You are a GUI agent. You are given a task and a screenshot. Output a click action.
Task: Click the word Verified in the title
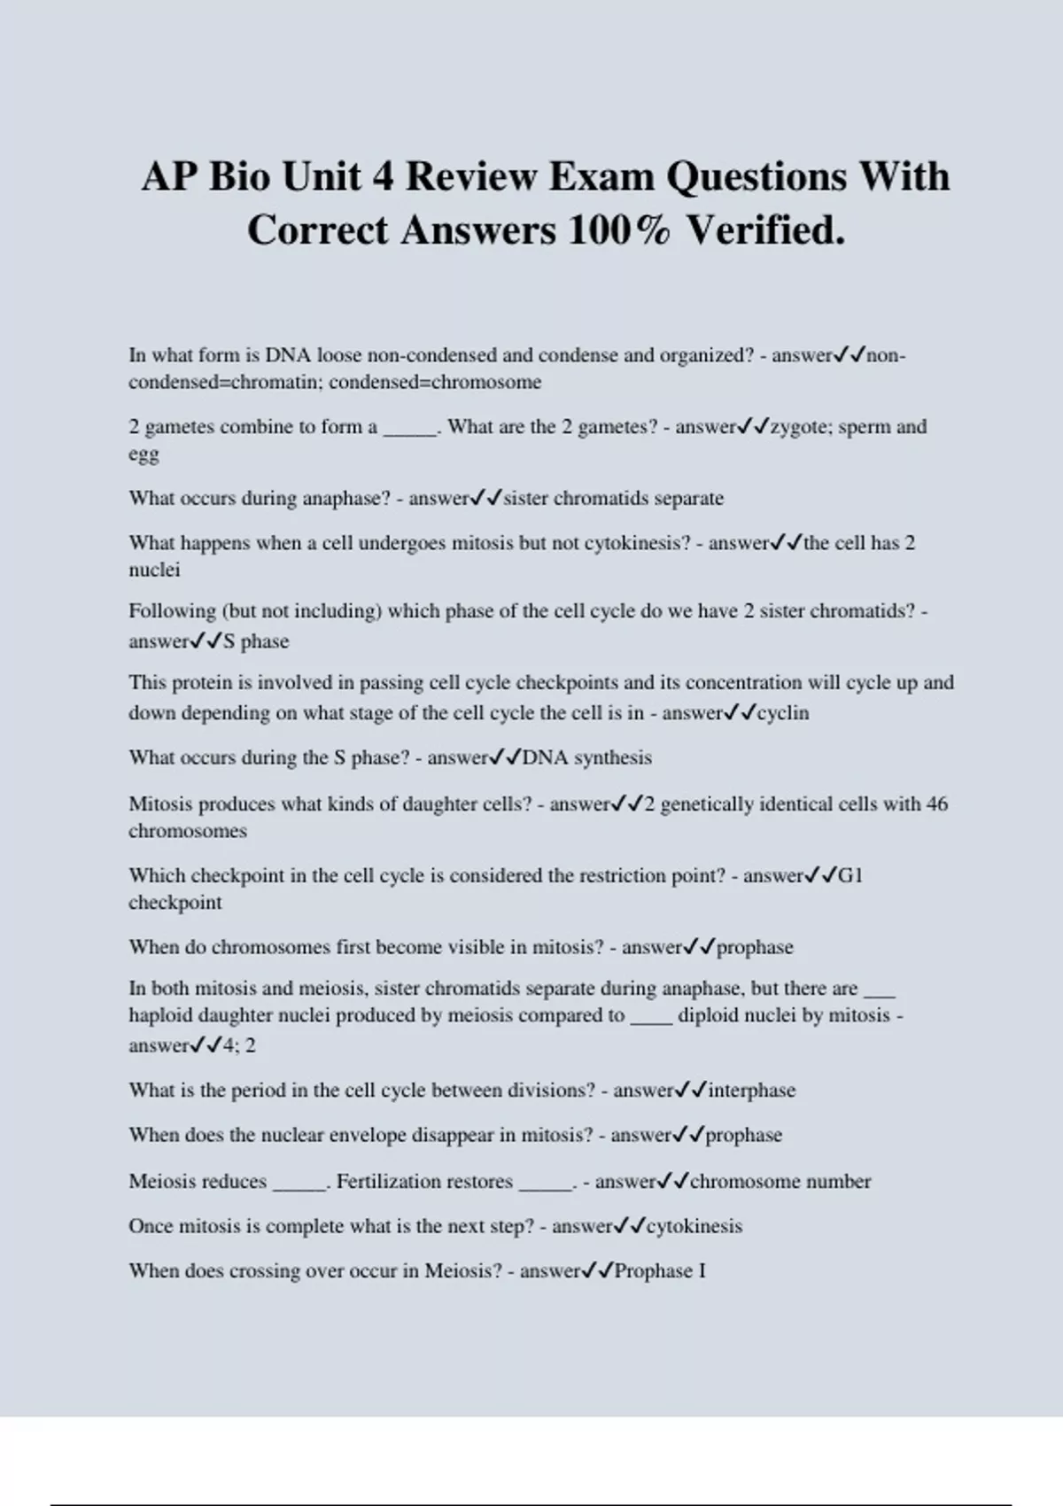[764, 230]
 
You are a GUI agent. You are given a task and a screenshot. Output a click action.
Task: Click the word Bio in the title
[240, 176]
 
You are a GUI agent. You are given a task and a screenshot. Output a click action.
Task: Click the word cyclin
[783, 713]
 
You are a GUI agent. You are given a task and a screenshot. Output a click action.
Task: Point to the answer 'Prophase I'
[660, 1271]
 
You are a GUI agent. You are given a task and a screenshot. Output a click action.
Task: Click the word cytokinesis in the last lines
[694, 1227]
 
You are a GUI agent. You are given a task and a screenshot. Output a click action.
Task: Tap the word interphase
[751, 1091]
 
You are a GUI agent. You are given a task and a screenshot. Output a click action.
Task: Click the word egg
[144, 455]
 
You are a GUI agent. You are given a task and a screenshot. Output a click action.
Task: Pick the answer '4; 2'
[239, 1045]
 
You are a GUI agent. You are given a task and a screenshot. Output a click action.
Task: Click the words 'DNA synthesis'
[586, 758]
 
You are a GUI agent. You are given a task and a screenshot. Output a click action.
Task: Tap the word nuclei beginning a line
[154, 570]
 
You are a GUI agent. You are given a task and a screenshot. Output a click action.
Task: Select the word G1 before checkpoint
[850, 876]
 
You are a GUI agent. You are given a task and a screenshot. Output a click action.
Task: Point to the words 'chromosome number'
[780, 1182]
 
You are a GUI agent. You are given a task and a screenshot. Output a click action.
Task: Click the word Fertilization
[424, 1182]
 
